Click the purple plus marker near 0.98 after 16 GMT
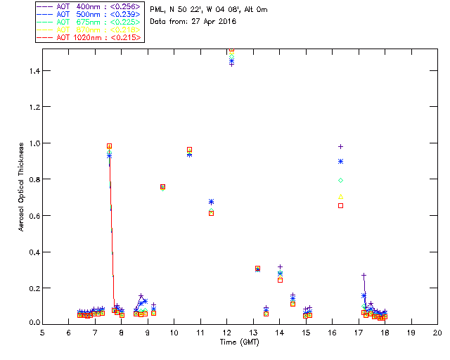coord(341,146)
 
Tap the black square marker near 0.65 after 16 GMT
coord(341,205)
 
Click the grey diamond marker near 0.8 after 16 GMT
coord(341,181)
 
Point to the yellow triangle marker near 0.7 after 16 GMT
coord(341,197)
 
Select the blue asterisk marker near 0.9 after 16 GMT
coord(341,161)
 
